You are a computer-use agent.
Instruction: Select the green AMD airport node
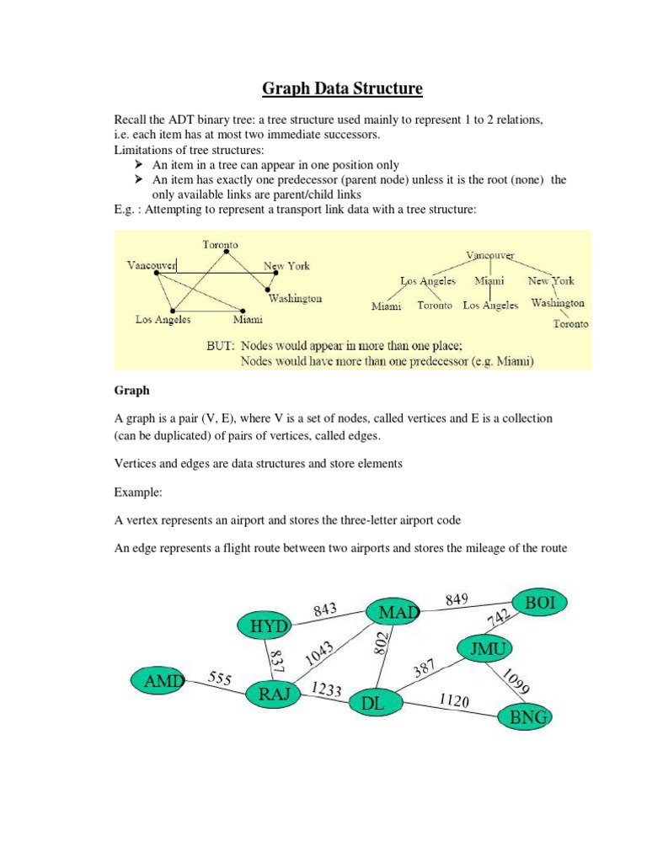(x=158, y=680)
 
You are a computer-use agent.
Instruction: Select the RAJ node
(x=274, y=694)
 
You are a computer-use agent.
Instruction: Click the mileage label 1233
(x=326, y=689)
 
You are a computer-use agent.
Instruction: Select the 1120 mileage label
(x=454, y=700)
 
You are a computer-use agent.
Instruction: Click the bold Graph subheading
(x=131, y=391)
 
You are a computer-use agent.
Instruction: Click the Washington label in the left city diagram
(x=295, y=299)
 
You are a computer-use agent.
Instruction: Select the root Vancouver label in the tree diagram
(x=490, y=254)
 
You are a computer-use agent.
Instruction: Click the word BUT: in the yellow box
(x=222, y=345)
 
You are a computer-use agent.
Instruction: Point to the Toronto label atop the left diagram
(x=220, y=244)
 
